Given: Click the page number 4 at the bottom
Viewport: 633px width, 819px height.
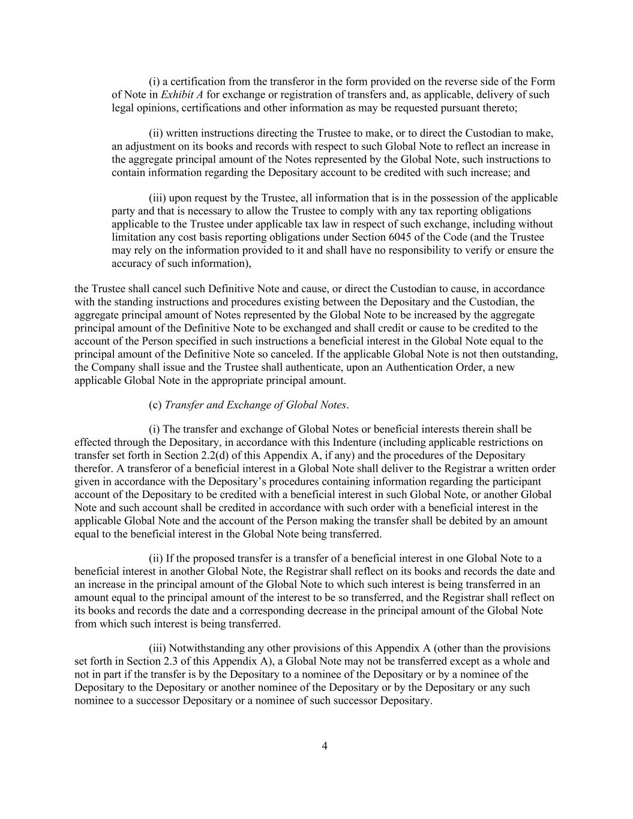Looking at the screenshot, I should [x=325, y=746].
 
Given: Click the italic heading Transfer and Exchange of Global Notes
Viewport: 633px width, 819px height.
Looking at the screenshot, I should [x=256, y=405].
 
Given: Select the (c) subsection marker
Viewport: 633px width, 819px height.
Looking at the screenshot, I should [x=155, y=405].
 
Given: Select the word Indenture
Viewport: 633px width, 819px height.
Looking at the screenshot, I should [x=333, y=443].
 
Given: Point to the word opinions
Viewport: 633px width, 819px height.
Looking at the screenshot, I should [x=155, y=108].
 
